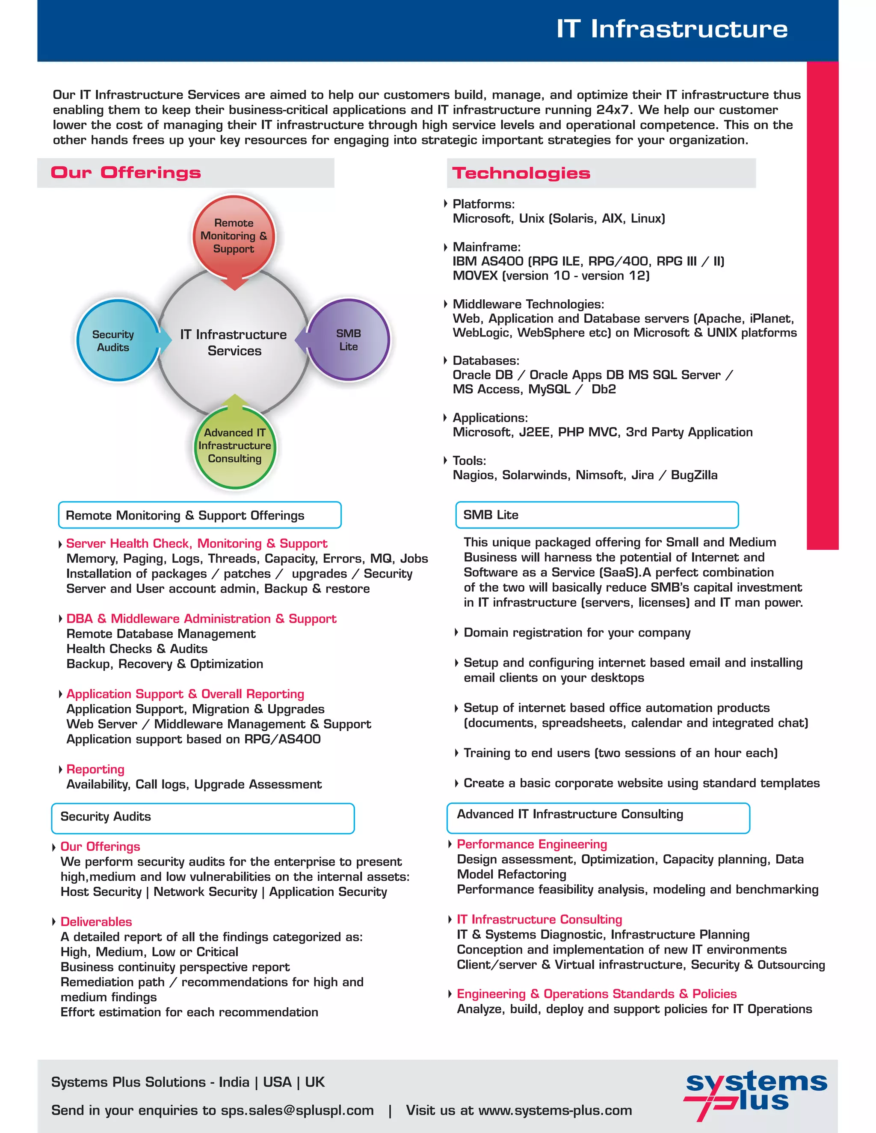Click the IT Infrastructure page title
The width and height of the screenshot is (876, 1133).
pyautogui.click(x=672, y=29)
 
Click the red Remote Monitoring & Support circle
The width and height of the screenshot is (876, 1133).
pyautogui.click(x=234, y=236)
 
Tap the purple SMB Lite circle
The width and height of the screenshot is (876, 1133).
pyautogui.click(x=348, y=340)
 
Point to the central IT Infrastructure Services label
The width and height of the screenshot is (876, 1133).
pyautogui.click(x=234, y=342)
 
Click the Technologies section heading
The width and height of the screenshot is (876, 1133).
pyautogui.click(x=521, y=173)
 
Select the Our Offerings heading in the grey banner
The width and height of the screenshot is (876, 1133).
pyautogui.click(x=126, y=173)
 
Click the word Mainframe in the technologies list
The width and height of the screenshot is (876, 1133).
pyautogui.click(x=486, y=247)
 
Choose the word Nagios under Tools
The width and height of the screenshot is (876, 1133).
pyautogui.click(x=474, y=475)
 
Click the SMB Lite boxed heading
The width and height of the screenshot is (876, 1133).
pyautogui.click(x=491, y=515)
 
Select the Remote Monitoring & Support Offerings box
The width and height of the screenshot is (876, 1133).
pyautogui.click(x=200, y=515)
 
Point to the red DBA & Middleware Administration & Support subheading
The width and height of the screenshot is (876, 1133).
pyautogui.click(x=201, y=619)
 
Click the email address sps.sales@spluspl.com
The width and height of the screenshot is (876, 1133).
pyautogui.click(x=297, y=1110)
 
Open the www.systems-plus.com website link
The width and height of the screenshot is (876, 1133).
pyautogui.click(x=555, y=1110)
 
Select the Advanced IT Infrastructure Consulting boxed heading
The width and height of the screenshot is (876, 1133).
pyautogui.click(x=570, y=814)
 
